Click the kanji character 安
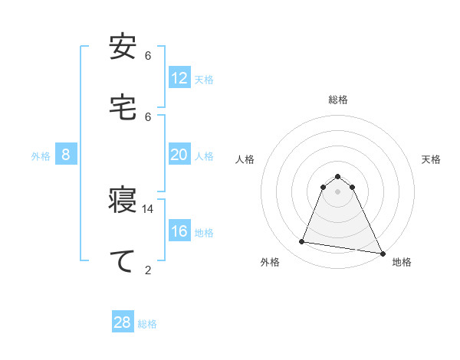point(123,48)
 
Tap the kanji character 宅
point(123,107)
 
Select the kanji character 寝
point(123,201)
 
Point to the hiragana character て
point(123,260)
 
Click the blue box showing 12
point(179,78)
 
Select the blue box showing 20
point(179,155)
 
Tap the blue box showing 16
point(179,231)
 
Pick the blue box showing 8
point(66,155)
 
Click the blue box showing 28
point(123,322)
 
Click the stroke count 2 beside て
point(148,270)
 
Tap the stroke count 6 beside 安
point(148,56)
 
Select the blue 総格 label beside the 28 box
point(147,324)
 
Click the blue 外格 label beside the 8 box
point(41,156)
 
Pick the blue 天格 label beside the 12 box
point(204,80)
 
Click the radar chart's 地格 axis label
point(402,262)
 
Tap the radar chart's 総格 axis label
point(338,100)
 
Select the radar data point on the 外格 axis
point(302,242)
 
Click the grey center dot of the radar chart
point(338,191)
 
